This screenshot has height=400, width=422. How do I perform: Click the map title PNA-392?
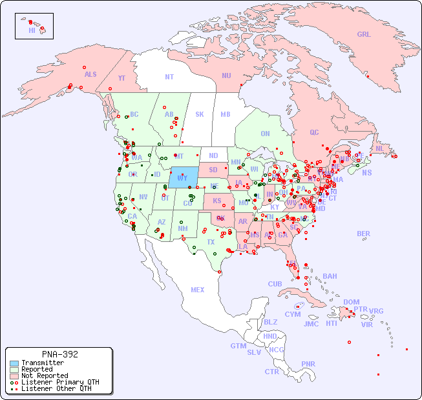coord(59,354)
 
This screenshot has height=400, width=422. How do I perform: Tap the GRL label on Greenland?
coord(364,35)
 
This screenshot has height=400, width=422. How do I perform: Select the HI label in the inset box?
coord(32,30)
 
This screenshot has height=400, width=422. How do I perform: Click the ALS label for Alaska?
coord(90,74)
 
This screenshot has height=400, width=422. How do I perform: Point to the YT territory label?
coord(121,78)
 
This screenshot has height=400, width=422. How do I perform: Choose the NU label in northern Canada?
coord(226,75)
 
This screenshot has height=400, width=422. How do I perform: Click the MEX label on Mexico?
coord(198,290)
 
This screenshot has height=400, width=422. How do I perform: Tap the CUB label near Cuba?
coord(275,284)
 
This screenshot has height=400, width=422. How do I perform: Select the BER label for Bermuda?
coord(363,234)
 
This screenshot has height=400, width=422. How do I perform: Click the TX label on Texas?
coord(211,242)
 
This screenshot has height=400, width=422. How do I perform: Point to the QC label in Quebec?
coord(314,132)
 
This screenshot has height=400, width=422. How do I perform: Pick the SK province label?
coord(200,114)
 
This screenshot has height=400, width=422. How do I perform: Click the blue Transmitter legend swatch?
coord(14,363)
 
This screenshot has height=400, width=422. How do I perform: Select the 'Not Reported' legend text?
coord(45,375)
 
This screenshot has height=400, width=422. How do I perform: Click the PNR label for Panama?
coord(308,364)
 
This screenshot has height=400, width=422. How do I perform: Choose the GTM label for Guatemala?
coord(238,346)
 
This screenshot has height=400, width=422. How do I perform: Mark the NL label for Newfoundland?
coord(380,148)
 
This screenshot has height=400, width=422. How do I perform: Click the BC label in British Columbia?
coord(134,114)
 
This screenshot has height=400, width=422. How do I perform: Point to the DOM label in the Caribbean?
coord(351,302)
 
